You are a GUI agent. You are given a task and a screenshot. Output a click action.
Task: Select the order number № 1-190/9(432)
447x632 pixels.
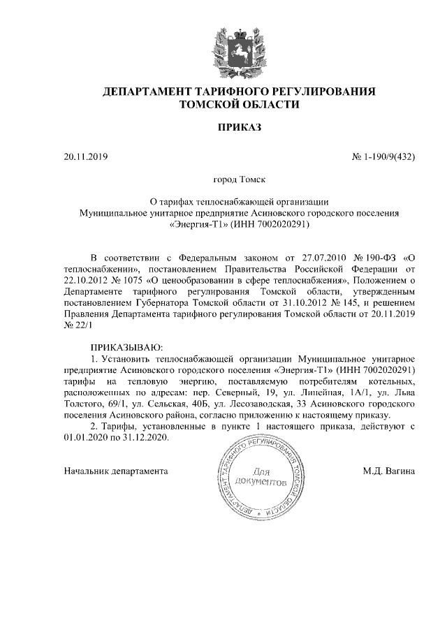[383, 156]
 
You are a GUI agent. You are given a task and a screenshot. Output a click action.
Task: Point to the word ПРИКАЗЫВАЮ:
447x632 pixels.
[126, 346]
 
